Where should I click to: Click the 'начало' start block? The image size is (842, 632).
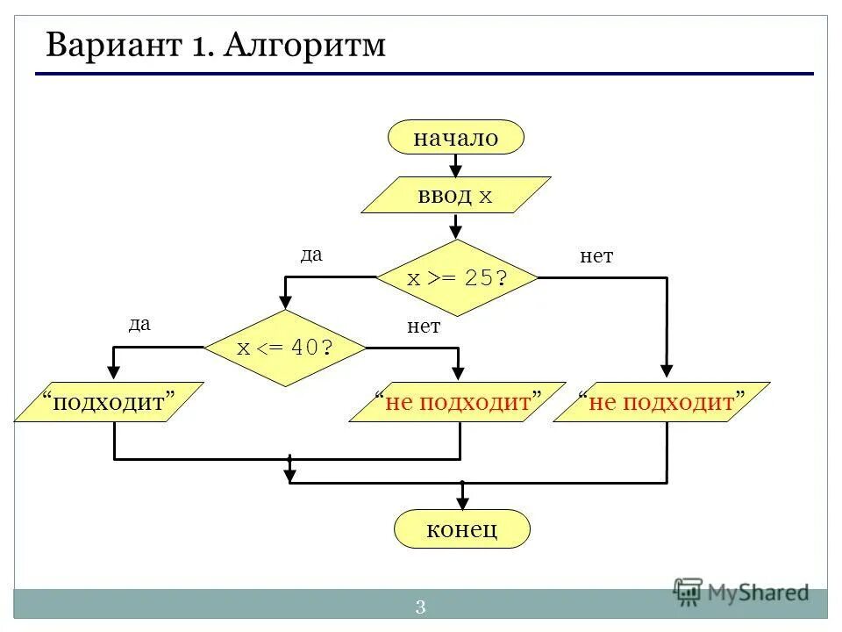(x=456, y=138)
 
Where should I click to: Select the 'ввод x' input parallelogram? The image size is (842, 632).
(x=456, y=195)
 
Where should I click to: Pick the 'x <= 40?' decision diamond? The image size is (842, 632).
(x=285, y=348)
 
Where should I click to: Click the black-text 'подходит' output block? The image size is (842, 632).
(x=109, y=402)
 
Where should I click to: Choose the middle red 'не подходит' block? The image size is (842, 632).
(x=457, y=402)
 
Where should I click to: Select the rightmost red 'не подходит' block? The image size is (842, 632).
(x=662, y=402)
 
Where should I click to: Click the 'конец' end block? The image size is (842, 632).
(x=462, y=529)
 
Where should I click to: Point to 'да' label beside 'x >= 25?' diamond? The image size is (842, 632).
(x=311, y=255)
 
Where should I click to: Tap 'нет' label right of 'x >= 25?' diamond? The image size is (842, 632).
(x=596, y=256)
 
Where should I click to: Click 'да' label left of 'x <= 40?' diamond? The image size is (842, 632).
(x=139, y=324)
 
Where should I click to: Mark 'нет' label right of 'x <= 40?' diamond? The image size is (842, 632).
(x=423, y=327)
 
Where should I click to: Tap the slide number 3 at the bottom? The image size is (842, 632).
(x=420, y=607)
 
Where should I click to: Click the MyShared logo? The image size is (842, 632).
(x=741, y=592)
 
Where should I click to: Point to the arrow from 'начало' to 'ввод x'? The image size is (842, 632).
(x=455, y=166)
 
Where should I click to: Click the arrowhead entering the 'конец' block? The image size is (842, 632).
(x=462, y=503)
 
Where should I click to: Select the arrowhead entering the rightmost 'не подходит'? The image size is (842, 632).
(x=667, y=372)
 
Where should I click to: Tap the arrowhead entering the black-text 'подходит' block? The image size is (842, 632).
(x=114, y=372)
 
